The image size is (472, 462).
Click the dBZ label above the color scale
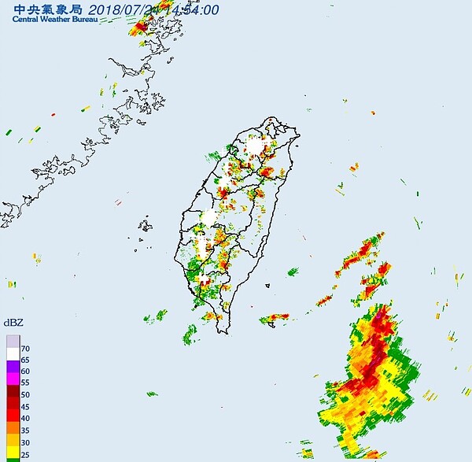point(13,323)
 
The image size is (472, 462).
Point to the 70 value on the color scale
point(26,348)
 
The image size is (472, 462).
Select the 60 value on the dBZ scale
point(26,371)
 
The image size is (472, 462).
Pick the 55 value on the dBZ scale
point(26,383)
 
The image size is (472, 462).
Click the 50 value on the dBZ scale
point(26,394)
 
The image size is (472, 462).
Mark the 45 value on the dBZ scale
point(26,406)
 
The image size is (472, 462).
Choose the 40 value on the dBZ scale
point(26,418)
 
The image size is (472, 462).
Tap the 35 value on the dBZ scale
point(26,431)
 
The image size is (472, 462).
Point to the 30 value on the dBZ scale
point(26,442)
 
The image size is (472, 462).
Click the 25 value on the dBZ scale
point(26,454)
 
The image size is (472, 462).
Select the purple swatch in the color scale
point(13,365)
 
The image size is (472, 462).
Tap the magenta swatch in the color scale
point(13,377)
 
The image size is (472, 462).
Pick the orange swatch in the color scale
point(13,425)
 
